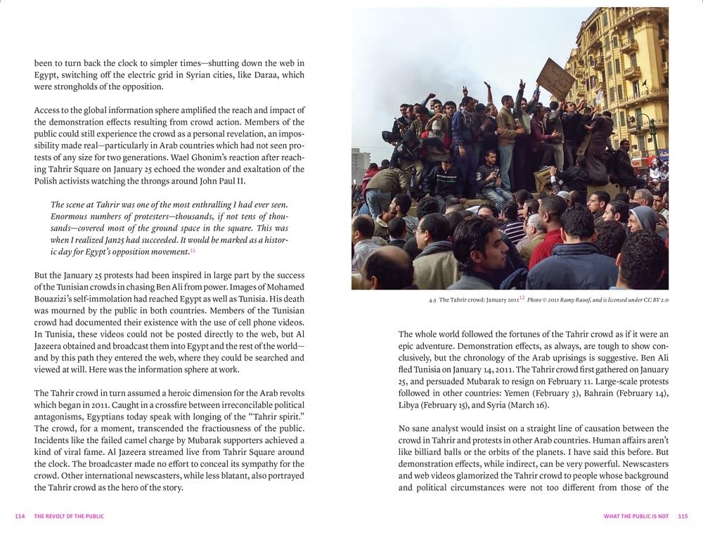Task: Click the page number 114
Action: [x=20, y=517]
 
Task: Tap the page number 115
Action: [x=683, y=517]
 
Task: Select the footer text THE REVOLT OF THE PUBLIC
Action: [x=69, y=517]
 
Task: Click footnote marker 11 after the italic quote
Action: [x=193, y=250]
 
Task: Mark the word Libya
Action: [x=411, y=406]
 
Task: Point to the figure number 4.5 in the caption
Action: [x=432, y=299]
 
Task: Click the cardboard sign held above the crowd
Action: [x=555, y=78]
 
